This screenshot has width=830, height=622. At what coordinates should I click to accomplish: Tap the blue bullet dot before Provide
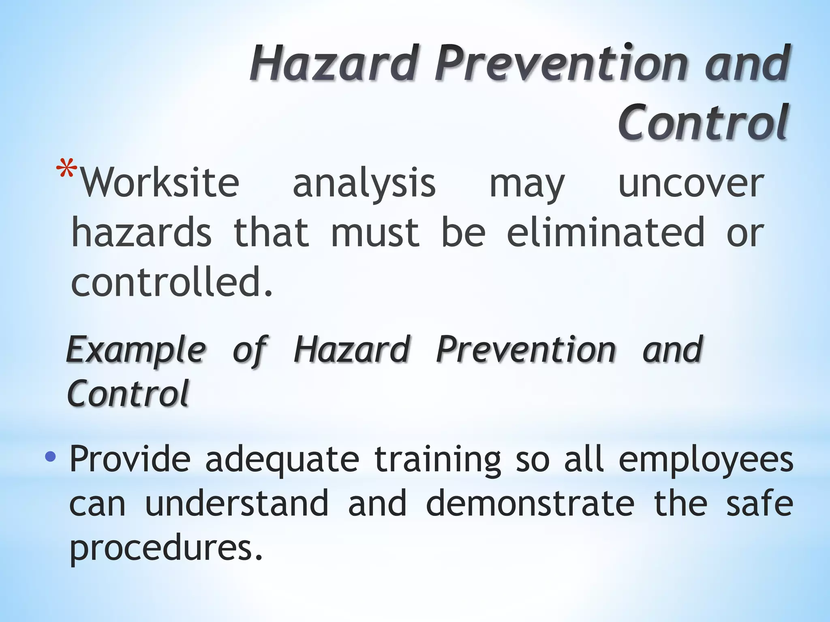(50, 457)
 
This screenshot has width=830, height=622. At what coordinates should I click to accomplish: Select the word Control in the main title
(704, 123)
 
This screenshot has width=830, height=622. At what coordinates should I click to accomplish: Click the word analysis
(364, 184)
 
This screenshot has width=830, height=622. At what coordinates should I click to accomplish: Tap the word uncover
(691, 184)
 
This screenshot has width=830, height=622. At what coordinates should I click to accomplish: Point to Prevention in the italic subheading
(526, 349)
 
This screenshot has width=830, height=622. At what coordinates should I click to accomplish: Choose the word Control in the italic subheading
(128, 393)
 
